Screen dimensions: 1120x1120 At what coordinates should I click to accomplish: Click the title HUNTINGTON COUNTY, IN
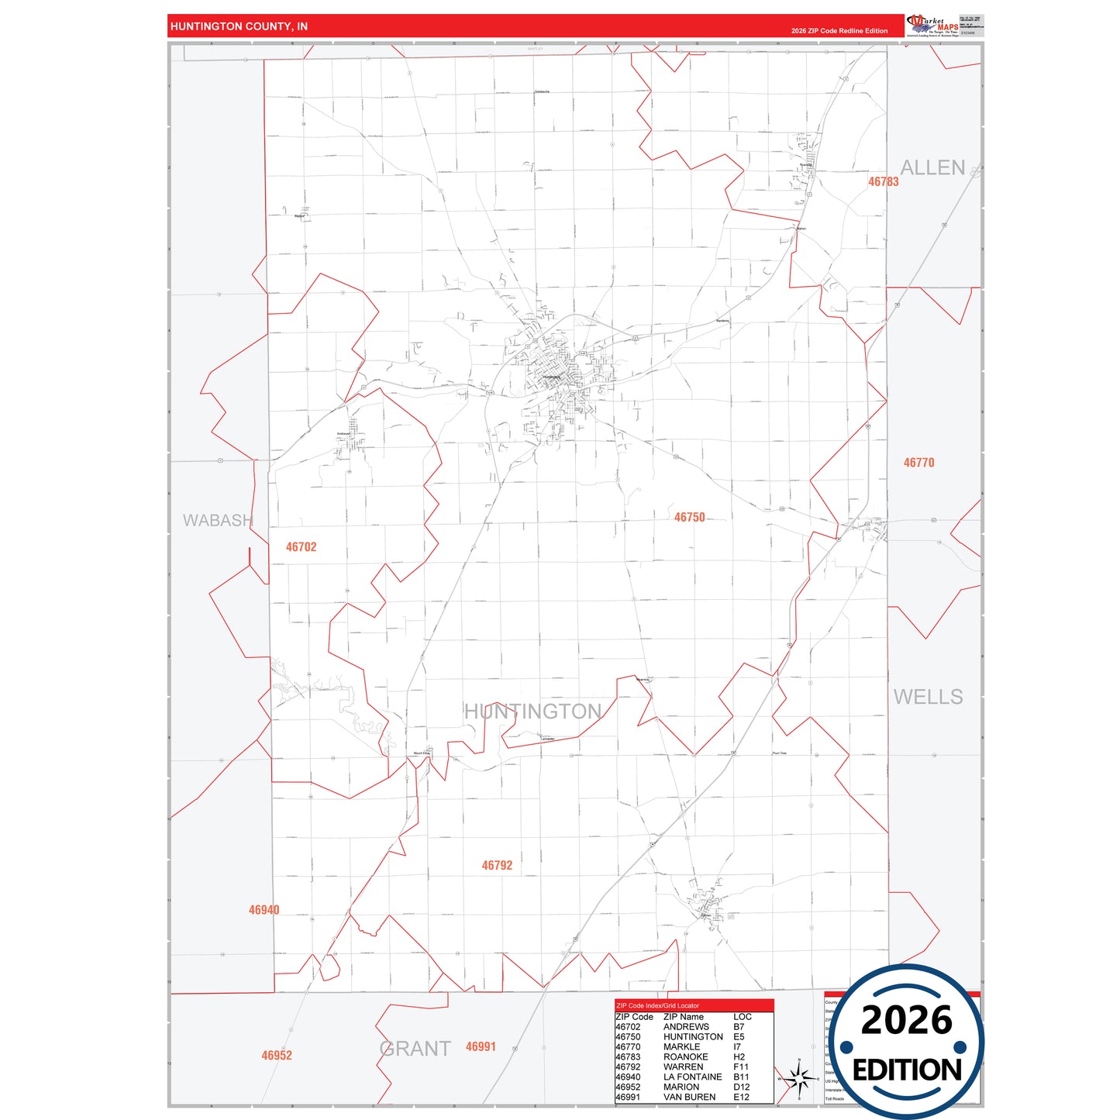tap(239, 26)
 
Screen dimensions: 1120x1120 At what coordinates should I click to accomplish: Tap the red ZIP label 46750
tap(689, 517)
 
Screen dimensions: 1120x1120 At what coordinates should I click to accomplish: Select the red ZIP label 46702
tap(301, 546)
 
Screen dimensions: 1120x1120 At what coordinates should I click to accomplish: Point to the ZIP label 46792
tap(497, 865)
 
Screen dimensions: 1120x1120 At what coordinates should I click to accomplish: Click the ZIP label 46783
tap(883, 181)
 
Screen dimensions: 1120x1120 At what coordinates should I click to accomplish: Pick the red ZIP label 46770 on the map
tap(918, 462)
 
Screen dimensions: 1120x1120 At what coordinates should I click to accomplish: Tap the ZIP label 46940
tap(264, 910)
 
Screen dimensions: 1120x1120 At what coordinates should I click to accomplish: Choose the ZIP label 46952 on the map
tap(277, 1055)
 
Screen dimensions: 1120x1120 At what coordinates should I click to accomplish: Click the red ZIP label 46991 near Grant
tap(481, 1046)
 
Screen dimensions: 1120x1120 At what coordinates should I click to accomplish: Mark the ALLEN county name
tap(932, 167)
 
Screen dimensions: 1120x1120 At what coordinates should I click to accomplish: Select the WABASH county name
tap(218, 520)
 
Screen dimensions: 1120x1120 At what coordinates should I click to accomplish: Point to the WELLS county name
tap(928, 697)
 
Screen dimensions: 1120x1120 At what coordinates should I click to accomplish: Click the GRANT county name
tap(415, 1049)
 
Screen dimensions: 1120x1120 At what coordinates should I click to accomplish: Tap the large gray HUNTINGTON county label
tap(532, 711)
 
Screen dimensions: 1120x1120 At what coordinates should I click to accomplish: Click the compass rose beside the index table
tap(798, 1078)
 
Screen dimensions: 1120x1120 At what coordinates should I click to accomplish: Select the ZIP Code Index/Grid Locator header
tap(657, 1005)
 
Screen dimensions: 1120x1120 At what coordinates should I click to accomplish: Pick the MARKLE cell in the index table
tap(681, 1046)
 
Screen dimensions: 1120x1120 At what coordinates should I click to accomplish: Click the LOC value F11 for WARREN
tap(741, 1067)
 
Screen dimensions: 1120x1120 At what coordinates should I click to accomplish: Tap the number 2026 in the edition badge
tap(906, 1020)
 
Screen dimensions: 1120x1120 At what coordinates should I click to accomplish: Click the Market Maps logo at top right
tap(932, 26)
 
